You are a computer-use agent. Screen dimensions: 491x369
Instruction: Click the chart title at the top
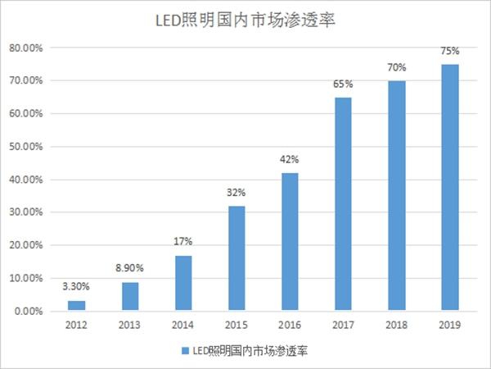tap(245, 20)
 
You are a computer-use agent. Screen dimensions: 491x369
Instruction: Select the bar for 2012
tap(76, 306)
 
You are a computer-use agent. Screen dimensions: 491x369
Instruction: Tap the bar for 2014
tap(183, 284)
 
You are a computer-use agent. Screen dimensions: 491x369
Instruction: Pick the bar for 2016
tap(290, 242)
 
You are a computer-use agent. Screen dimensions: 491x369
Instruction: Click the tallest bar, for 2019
tap(450, 188)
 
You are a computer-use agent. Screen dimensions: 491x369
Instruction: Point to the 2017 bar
tap(343, 204)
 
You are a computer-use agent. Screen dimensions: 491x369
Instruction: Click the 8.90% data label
tap(129, 268)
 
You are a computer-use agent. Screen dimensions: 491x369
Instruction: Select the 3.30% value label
tap(76, 286)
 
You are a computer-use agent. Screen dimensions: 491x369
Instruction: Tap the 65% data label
tap(343, 84)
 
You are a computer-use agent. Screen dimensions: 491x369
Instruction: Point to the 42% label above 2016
tap(290, 159)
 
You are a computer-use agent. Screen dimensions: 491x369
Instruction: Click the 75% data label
tap(450, 51)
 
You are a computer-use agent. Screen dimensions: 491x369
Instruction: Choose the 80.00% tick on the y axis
tap(26, 48)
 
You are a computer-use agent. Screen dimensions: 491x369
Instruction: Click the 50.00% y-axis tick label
tap(26, 147)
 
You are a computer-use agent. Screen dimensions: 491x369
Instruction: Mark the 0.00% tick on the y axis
tap(29, 312)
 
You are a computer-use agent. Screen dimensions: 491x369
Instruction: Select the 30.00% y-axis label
tap(26, 212)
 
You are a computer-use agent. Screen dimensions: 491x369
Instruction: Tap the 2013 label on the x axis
tap(129, 325)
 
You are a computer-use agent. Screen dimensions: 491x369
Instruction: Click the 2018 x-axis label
tap(396, 325)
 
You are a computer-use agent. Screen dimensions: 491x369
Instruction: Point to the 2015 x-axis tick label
tap(236, 325)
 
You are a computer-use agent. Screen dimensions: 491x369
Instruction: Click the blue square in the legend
tap(186, 351)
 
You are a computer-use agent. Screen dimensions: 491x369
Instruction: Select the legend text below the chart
tap(250, 351)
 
